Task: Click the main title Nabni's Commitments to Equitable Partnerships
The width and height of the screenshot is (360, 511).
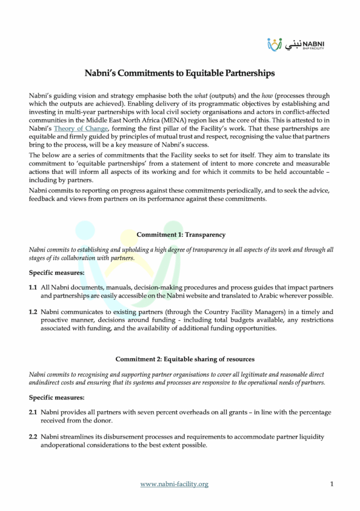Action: click(x=180, y=73)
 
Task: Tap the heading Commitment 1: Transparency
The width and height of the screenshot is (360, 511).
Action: click(x=180, y=234)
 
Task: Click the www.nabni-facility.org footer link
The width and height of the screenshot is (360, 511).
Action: click(x=174, y=484)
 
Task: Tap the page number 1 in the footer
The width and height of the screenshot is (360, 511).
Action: click(x=332, y=484)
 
